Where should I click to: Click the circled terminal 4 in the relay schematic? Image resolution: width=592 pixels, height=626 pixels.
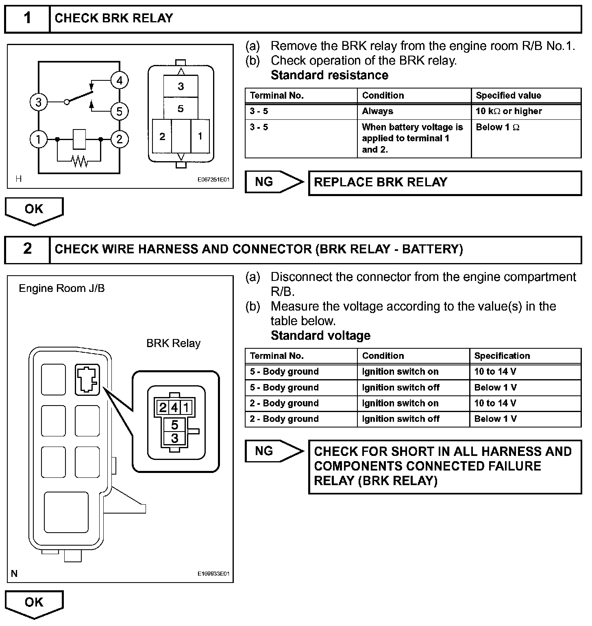tap(119, 80)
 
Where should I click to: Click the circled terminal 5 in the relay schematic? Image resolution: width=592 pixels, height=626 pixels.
tap(119, 111)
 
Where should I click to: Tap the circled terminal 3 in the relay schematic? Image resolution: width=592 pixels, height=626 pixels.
tap(38, 102)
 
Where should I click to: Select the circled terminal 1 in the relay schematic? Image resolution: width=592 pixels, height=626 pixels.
tap(38, 139)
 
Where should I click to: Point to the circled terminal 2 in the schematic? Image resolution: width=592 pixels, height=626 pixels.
tap(119, 139)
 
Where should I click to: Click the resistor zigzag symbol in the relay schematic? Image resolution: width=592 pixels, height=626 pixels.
tap(80, 162)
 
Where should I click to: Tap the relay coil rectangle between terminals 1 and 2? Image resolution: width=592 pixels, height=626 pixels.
tap(79, 139)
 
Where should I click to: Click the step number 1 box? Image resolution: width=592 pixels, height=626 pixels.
tap(27, 18)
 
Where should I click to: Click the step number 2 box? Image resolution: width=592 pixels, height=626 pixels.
tap(27, 249)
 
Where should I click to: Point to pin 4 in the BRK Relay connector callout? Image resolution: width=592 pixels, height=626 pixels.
tap(174, 407)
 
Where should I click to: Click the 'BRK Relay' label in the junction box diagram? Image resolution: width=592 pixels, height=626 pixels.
tap(173, 343)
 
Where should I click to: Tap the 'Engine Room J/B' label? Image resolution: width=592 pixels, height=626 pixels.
tap(62, 288)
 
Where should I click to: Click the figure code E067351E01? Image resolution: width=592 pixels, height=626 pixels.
tap(213, 179)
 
